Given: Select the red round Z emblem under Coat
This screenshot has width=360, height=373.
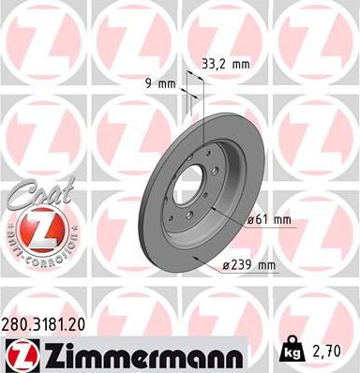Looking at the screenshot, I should coord(34,227).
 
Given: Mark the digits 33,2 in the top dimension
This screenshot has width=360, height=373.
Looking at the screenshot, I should coord(213,65).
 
